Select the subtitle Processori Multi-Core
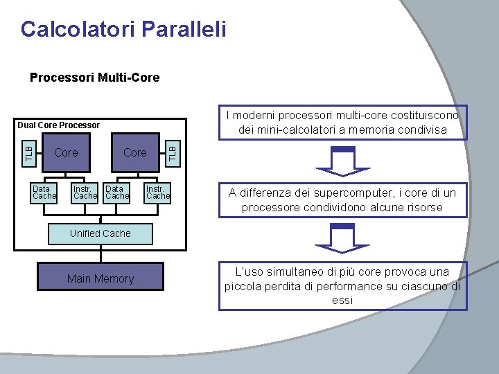(94, 78)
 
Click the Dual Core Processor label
(59, 125)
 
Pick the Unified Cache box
(100, 234)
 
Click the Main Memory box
(100, 278)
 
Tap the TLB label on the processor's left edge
(28, 152)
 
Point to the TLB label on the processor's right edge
(173, 152)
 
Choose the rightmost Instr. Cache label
(157, 192)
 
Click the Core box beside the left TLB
(66, 152)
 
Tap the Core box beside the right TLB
(135, 152)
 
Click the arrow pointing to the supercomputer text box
(343, 161)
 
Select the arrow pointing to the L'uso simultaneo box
(343, 240)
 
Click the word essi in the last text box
(342, 301)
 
